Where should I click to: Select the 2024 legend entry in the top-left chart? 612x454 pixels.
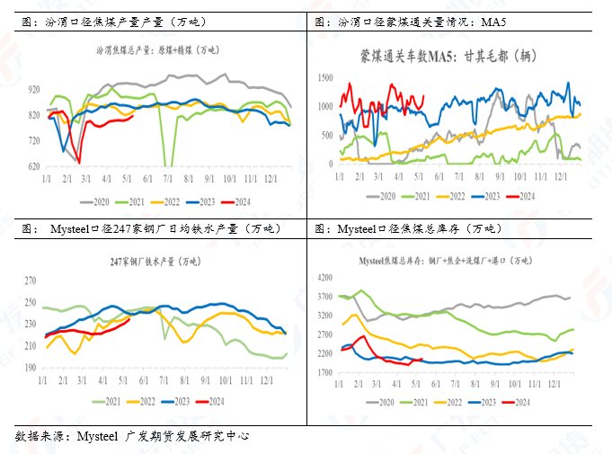tap(244, 200)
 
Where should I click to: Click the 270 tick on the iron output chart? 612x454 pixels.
tap(31, 280)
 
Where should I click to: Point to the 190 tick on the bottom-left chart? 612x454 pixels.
tap(31, 368)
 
